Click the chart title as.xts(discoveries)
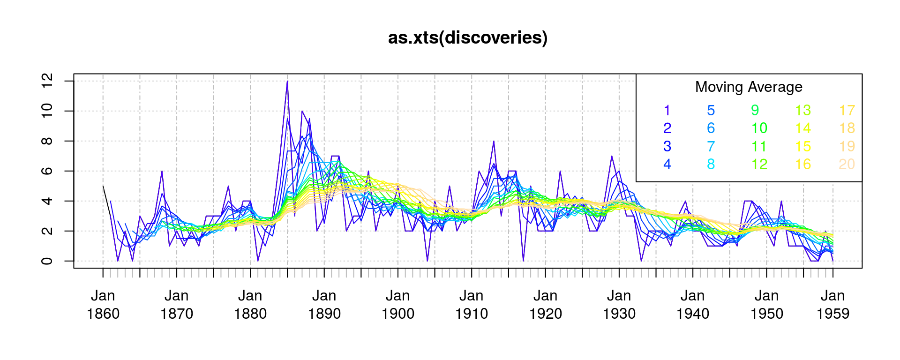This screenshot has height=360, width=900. (468, 38)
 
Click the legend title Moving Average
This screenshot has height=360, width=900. (749, 87)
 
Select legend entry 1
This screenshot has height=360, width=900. (667, 111)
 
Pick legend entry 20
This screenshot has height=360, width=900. (847, 165)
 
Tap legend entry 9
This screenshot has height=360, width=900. (755, 111)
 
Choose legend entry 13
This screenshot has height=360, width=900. (802, 111)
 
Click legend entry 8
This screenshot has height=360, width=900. (711, 165)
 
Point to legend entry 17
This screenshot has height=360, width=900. (847, 111)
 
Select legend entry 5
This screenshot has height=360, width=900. (711, 111)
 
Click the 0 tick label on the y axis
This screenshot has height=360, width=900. (47, 261)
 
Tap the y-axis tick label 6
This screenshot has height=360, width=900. (47, 171)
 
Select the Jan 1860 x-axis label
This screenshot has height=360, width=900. (103, 305)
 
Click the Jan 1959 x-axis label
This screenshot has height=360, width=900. (832, 305)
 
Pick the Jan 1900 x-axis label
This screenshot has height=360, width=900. (398, 305)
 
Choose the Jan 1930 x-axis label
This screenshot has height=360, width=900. (619, 305)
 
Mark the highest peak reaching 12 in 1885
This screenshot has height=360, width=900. (287, 82)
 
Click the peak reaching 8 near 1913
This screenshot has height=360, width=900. (494, 142)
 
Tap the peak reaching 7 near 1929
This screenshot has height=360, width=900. (612, 157)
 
